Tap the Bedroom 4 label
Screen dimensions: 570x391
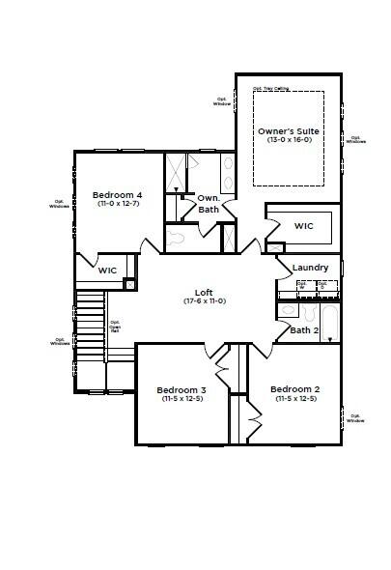pyautogui.click(x=117, y=193)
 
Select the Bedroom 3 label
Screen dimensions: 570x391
pyautogui.click(x=182, y=389)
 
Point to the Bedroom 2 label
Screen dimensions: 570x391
pyautogui.click(x=296, y=389)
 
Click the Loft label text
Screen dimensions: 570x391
pyautogui.click(x=204, y=292)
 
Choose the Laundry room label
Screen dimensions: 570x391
pyautogui.click(x=310, y=268)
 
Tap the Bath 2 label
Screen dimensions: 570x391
pyautogui.click(x=304, y=330)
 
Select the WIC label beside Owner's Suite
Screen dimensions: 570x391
pyautogui.click(x=304, y=226)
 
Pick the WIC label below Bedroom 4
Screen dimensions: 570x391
pyautogui.click(x=107, y=271)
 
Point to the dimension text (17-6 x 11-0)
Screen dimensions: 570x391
pyautogui.click(x=204, y=301)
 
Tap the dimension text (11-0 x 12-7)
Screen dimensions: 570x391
pyautogui.click(x=117, y=204)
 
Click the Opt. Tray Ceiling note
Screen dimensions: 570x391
pyautogui.click(x=270, y=88)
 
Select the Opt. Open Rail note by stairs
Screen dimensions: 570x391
pyautogui.click(x=115, y=327)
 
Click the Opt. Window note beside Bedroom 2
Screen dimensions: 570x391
pyautogui.click(x=355, y=418)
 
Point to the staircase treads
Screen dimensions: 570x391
pyautogui.click(x=90, y=328)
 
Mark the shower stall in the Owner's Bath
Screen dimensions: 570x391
pyautogui.click(x=177, y=174)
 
